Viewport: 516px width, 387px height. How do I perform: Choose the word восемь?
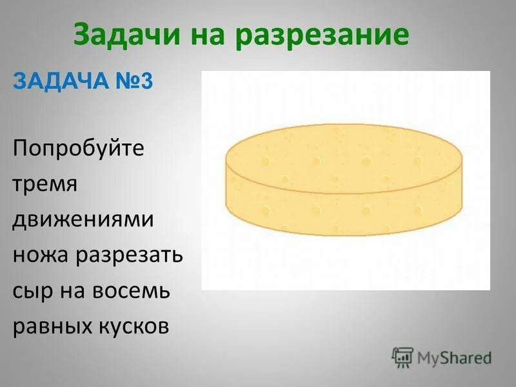point(132,290)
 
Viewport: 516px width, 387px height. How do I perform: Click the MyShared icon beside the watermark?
point(402,357)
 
